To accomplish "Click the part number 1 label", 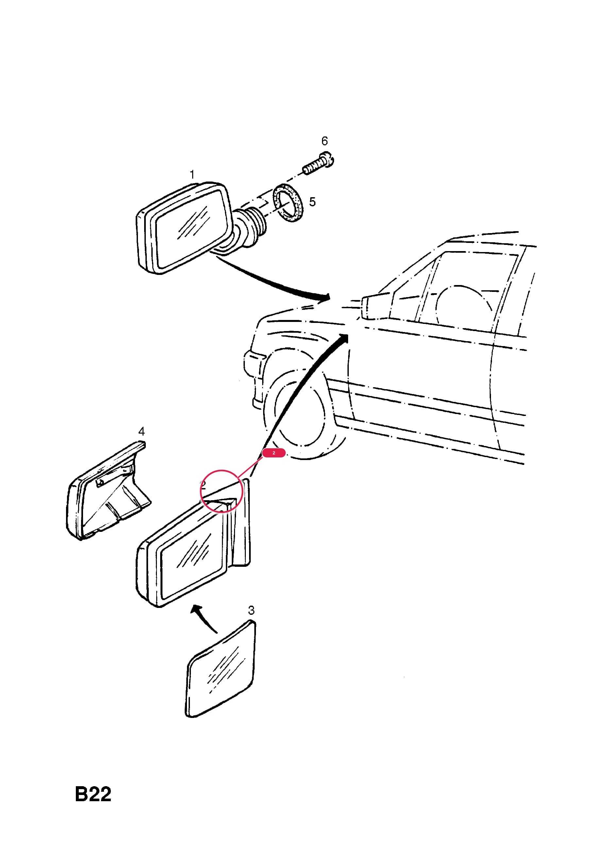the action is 192,174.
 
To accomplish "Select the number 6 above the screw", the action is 324,141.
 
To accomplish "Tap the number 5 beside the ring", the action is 312,202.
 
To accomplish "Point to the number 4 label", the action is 141,431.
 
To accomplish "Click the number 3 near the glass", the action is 251,611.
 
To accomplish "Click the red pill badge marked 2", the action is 274,453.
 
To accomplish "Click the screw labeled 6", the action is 318,164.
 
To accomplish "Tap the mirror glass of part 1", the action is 192,228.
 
